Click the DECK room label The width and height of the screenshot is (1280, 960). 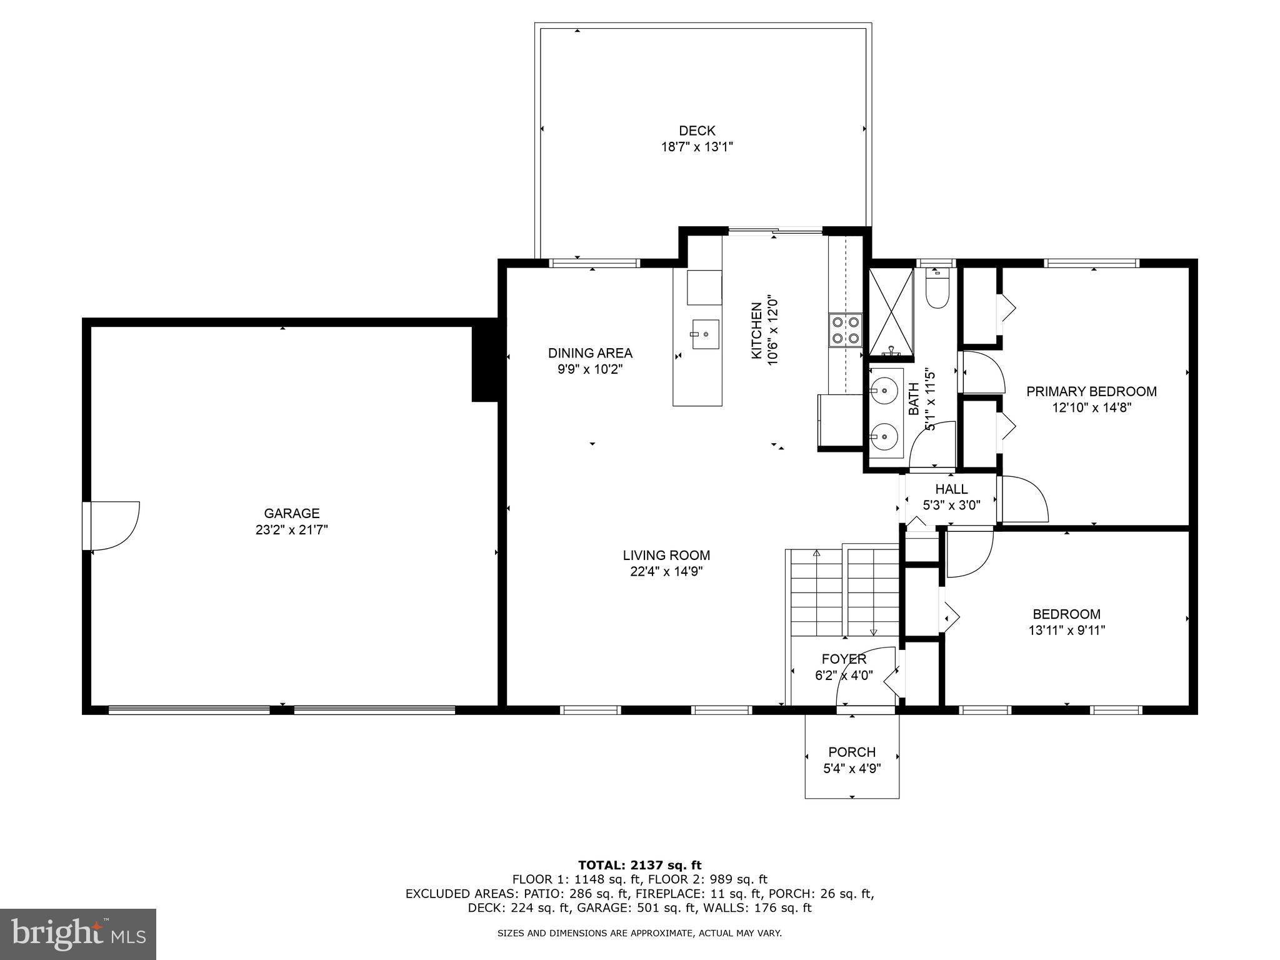click(697, 131)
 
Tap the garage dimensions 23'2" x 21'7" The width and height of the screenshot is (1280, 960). click(291, 530)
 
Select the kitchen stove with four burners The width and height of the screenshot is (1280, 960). click(845, 330)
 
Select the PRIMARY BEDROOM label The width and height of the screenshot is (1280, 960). click(1091, 391)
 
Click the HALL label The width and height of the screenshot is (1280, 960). click(951, 489)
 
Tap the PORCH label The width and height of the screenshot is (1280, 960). click(852, 752)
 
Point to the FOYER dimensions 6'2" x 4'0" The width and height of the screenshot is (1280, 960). click(844, 676)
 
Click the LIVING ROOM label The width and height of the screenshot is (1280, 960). click(666, 555)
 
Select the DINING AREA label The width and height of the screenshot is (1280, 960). click(590, 353)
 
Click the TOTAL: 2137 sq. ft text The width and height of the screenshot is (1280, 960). click(639, 865)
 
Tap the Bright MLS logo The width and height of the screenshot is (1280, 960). click(78, 934)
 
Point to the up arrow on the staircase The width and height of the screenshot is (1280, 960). click(816, 554)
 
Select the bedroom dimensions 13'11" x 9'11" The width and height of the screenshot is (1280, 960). click(1066, 631)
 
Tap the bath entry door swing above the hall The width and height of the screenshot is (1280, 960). click(932, 445)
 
